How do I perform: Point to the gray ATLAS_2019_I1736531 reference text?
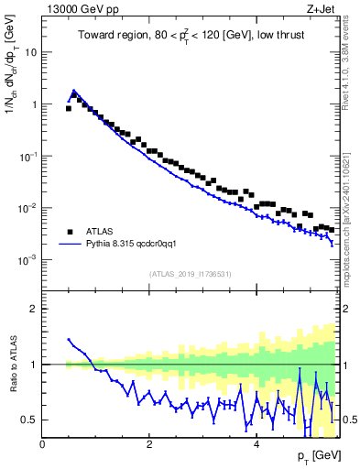pyautogui.click(x=191, y=273)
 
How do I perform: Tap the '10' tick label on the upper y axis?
pyautogui.click(x=30, y=52)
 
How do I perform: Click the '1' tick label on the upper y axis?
pyautogui.click(x=34, y=104)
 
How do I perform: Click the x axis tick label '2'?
pyautogui.click(x=149, y=444)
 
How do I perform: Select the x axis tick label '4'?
pyautogui.click(x=256, y=444)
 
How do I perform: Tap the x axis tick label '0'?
pyautogui.click(x=43, y=444)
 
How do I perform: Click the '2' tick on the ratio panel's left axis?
pyautogui.click(x=34, y=309)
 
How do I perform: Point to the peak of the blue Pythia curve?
pyautogui.click(x=73, y=91)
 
